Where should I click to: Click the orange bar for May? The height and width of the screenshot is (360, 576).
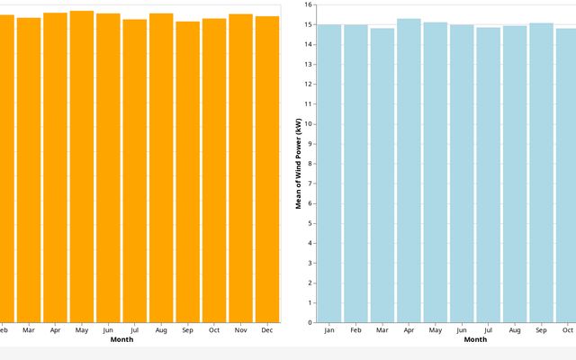pos(82,166)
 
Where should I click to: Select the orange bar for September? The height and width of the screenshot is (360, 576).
pos(188,171)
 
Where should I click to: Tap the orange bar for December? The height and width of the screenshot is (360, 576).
pos(267,169)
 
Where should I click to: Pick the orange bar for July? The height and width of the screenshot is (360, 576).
pos(135,170)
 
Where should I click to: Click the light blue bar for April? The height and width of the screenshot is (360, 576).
pos(409,171)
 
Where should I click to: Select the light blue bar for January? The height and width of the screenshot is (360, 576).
pos(329,173)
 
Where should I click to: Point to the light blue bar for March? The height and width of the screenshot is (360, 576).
pos(382,175)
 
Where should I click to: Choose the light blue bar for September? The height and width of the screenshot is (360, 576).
pos(542,173)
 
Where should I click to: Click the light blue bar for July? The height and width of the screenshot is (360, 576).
pos(489,175)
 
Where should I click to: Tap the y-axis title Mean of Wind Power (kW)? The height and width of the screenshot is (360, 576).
pos(298,163)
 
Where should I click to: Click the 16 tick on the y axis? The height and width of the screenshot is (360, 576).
pos(309,4)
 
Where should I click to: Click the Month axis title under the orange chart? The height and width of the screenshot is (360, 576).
pos(121,339)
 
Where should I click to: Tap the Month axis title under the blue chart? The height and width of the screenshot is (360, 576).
pos(475,339)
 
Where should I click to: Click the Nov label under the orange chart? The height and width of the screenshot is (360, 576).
pos(241,330)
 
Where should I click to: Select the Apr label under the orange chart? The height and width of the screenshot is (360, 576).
pos(55,330)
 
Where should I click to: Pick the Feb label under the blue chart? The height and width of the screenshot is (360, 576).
pos(355,330)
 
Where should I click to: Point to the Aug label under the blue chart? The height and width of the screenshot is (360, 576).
pos(515,330)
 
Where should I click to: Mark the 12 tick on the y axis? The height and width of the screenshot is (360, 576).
pos(309,84)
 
